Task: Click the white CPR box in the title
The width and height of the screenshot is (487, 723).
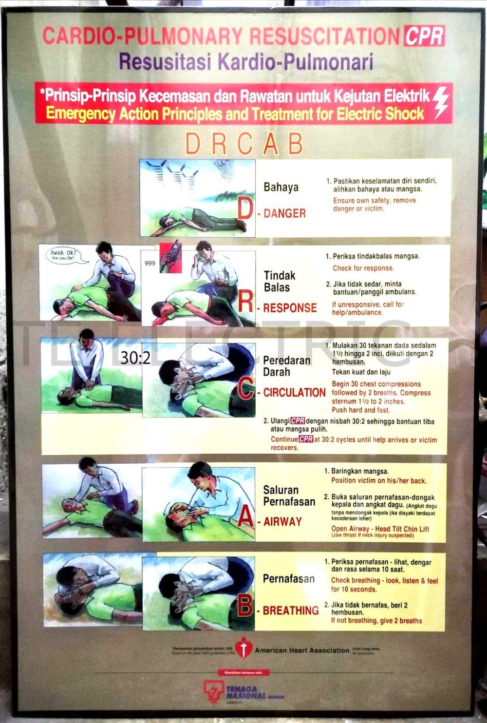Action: [424, 36]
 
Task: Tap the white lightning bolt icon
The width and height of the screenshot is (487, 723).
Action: [441, 102]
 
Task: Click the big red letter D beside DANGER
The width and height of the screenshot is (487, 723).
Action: [245, 209]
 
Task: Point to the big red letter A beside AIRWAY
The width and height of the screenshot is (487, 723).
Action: [245, 517]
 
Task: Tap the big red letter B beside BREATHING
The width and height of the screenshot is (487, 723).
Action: [245, 606]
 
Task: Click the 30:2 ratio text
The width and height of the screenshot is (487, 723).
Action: [136, 358]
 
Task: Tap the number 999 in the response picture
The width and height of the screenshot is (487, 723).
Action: [150, 263]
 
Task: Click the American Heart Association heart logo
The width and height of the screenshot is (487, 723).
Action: [242, 648]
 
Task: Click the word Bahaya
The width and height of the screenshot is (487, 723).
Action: [281, 187]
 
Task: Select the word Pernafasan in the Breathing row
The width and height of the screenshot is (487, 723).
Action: [289, 579]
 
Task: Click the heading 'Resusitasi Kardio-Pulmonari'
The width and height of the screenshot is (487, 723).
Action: [246, 62]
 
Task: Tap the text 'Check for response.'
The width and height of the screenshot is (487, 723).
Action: [363, 268]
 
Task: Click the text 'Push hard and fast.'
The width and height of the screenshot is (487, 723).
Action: [361, 410]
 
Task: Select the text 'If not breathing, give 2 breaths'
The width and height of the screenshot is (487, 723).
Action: [376, 621]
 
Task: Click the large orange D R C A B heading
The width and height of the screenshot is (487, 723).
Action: [244, 144]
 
